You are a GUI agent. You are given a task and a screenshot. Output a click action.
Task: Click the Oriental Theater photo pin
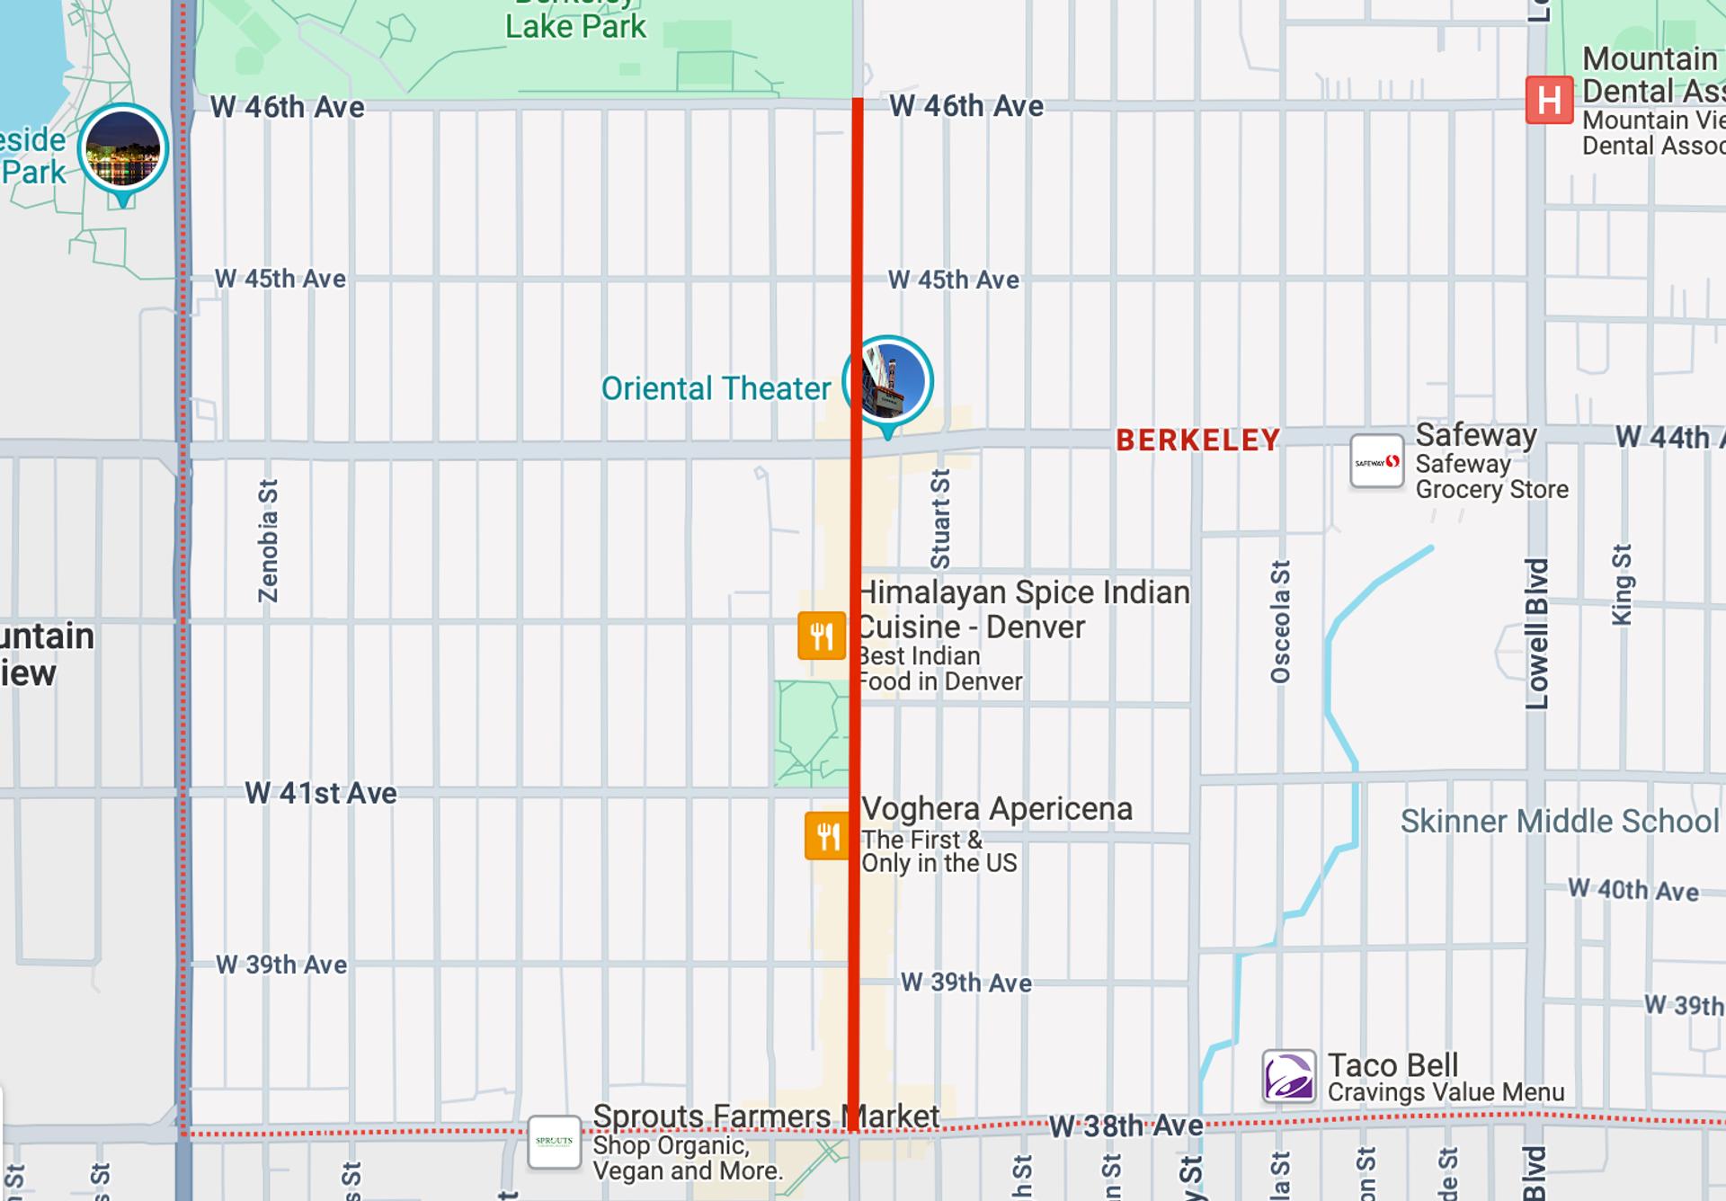click(x=887, y=382)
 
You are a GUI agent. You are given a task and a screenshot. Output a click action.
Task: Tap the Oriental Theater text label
click(x=716, y=389)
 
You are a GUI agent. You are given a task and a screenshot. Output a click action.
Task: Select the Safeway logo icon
click(x=1376, y=462)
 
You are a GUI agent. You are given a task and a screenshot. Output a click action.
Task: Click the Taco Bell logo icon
click(x=1288, y=1076)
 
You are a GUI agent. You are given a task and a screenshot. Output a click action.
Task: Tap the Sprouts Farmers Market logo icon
click(x=554, y=1142)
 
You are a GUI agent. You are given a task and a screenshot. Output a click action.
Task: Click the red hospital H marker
click(x=1549, y=100)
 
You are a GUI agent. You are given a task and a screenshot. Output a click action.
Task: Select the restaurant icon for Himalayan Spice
click(x=822, y=636)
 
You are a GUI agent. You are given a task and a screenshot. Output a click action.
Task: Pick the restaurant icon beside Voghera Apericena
click(x=827, y=836)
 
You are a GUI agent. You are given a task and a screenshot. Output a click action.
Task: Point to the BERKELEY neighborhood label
click(x=1197, y=440)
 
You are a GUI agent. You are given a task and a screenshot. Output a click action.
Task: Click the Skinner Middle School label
click(x=1559, y=822)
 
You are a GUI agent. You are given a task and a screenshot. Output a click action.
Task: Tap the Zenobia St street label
click(x=268, y=541)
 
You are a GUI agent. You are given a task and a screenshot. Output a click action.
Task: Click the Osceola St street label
click(x=1280, y=622)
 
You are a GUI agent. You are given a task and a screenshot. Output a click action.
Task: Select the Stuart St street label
click(x=940, y=520)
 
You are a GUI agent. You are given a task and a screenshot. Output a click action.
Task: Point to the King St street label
click(x=1621, y=585)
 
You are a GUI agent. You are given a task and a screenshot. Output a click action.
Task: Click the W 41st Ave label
click(x=321, y=793)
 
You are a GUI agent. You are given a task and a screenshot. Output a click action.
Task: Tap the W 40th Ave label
click(x=1633, y=890)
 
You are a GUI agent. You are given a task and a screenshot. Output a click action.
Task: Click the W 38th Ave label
click(x=1125, y=1126)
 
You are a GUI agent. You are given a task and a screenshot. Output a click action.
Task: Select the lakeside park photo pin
click(x=123, y=149)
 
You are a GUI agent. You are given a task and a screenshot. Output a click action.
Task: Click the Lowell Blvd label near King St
click(x=1537, y=634)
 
